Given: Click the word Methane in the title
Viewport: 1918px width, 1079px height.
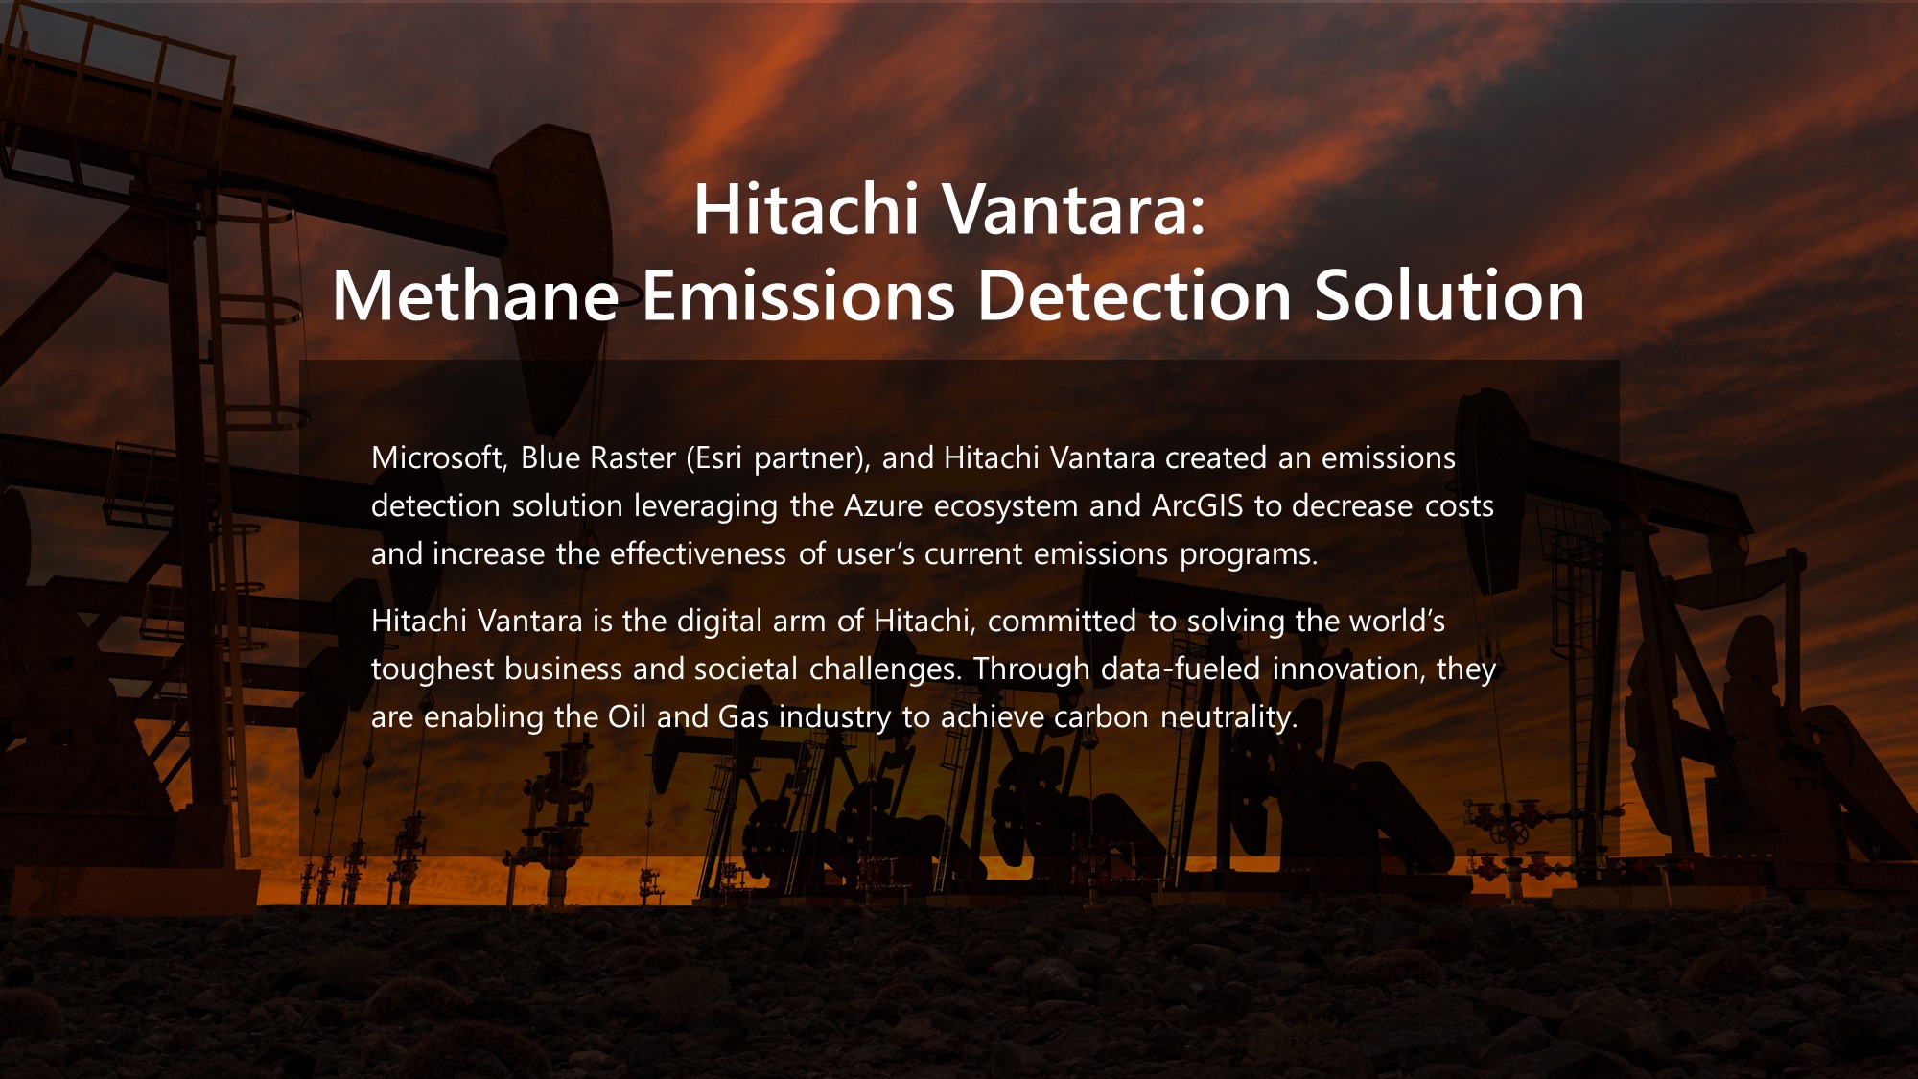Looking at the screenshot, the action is coord(476,294).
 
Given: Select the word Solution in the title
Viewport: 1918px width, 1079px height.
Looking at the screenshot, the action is coord(1449,294).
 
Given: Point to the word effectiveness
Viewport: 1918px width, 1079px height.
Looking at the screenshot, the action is coord(698,554).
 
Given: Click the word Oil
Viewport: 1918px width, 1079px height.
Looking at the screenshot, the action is coord(627,717).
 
